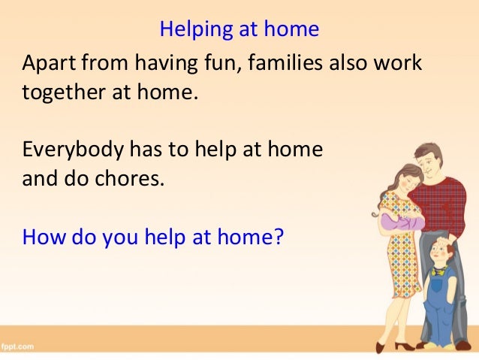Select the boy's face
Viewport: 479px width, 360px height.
click(x=437, y=256)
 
